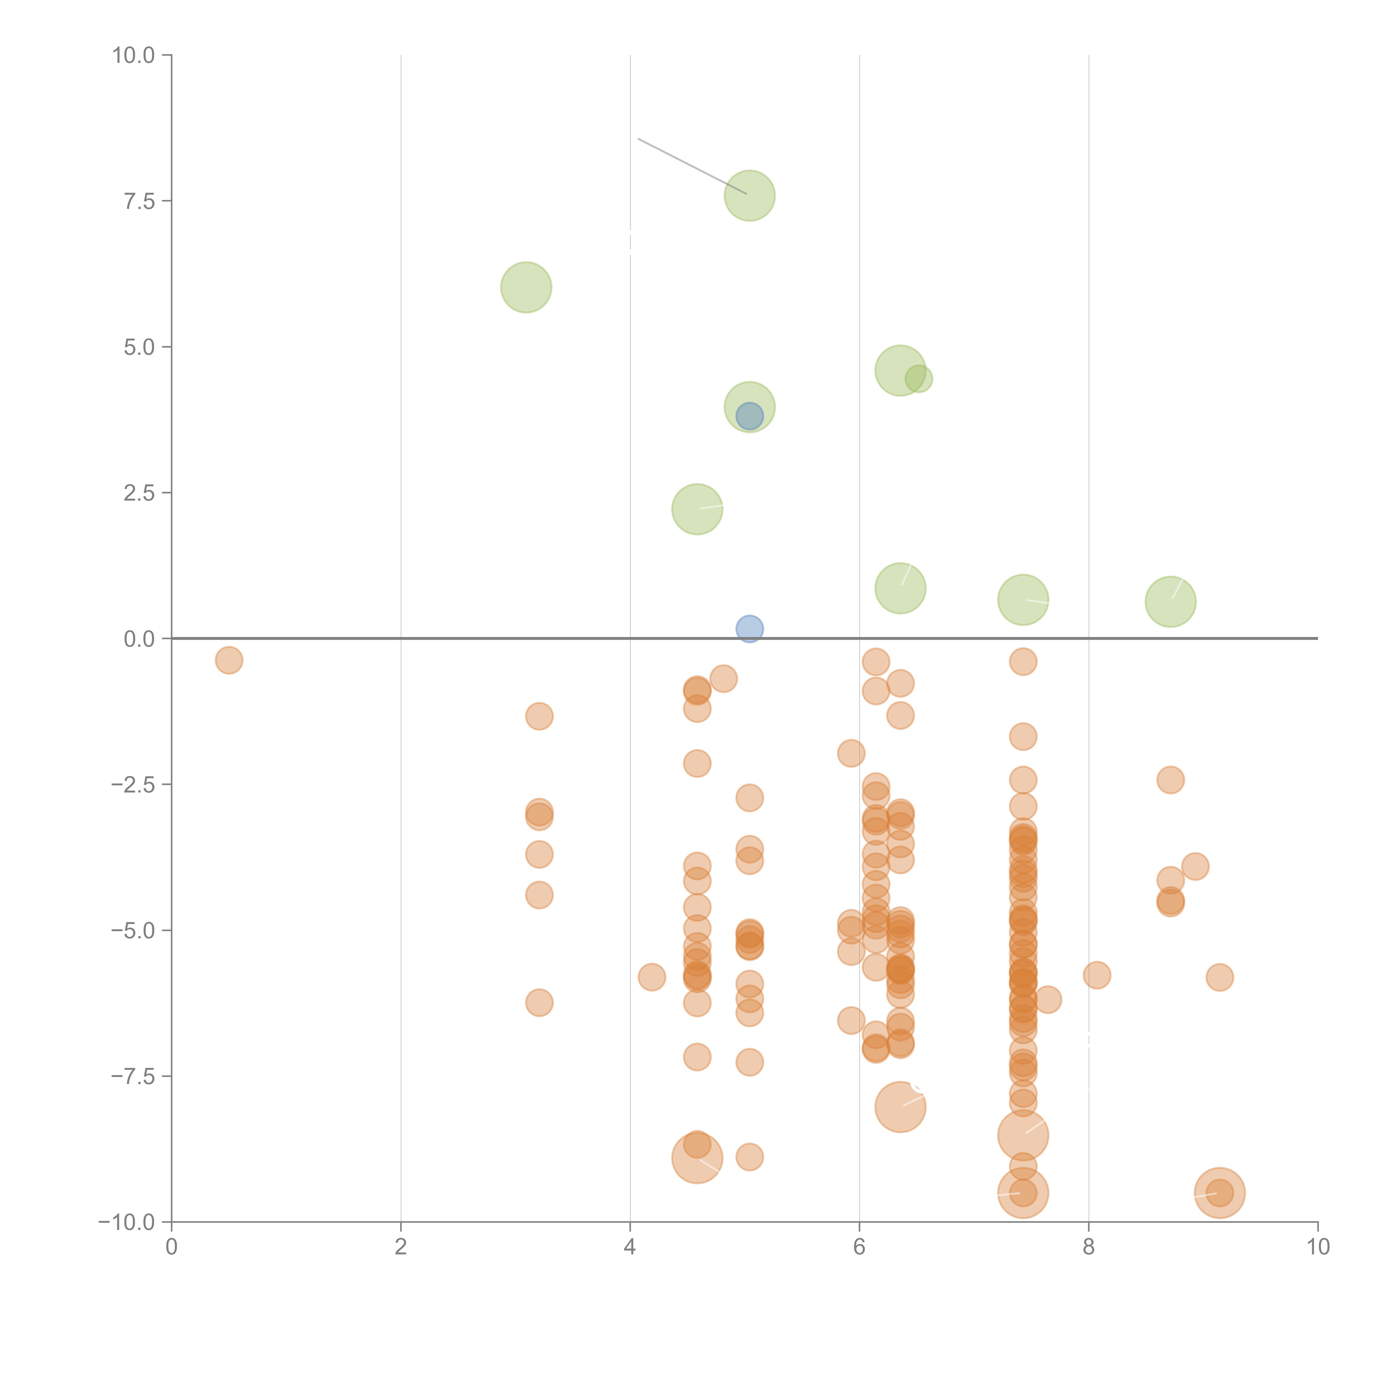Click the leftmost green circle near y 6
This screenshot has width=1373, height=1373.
coord(526,287)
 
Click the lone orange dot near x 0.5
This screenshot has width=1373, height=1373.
coord(229,660)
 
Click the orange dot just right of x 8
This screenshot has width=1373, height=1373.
coord(1096,975)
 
